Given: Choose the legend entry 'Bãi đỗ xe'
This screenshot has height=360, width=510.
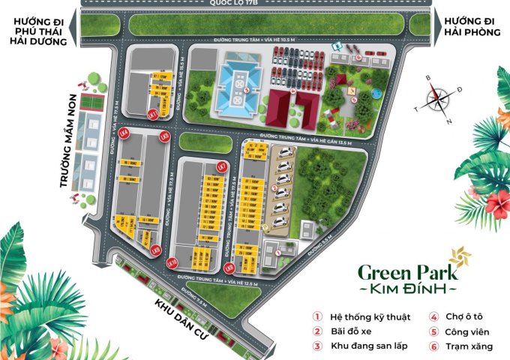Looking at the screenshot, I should coord(351,331).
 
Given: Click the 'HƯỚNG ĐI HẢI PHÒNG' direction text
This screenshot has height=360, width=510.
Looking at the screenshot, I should coord(471,28).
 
